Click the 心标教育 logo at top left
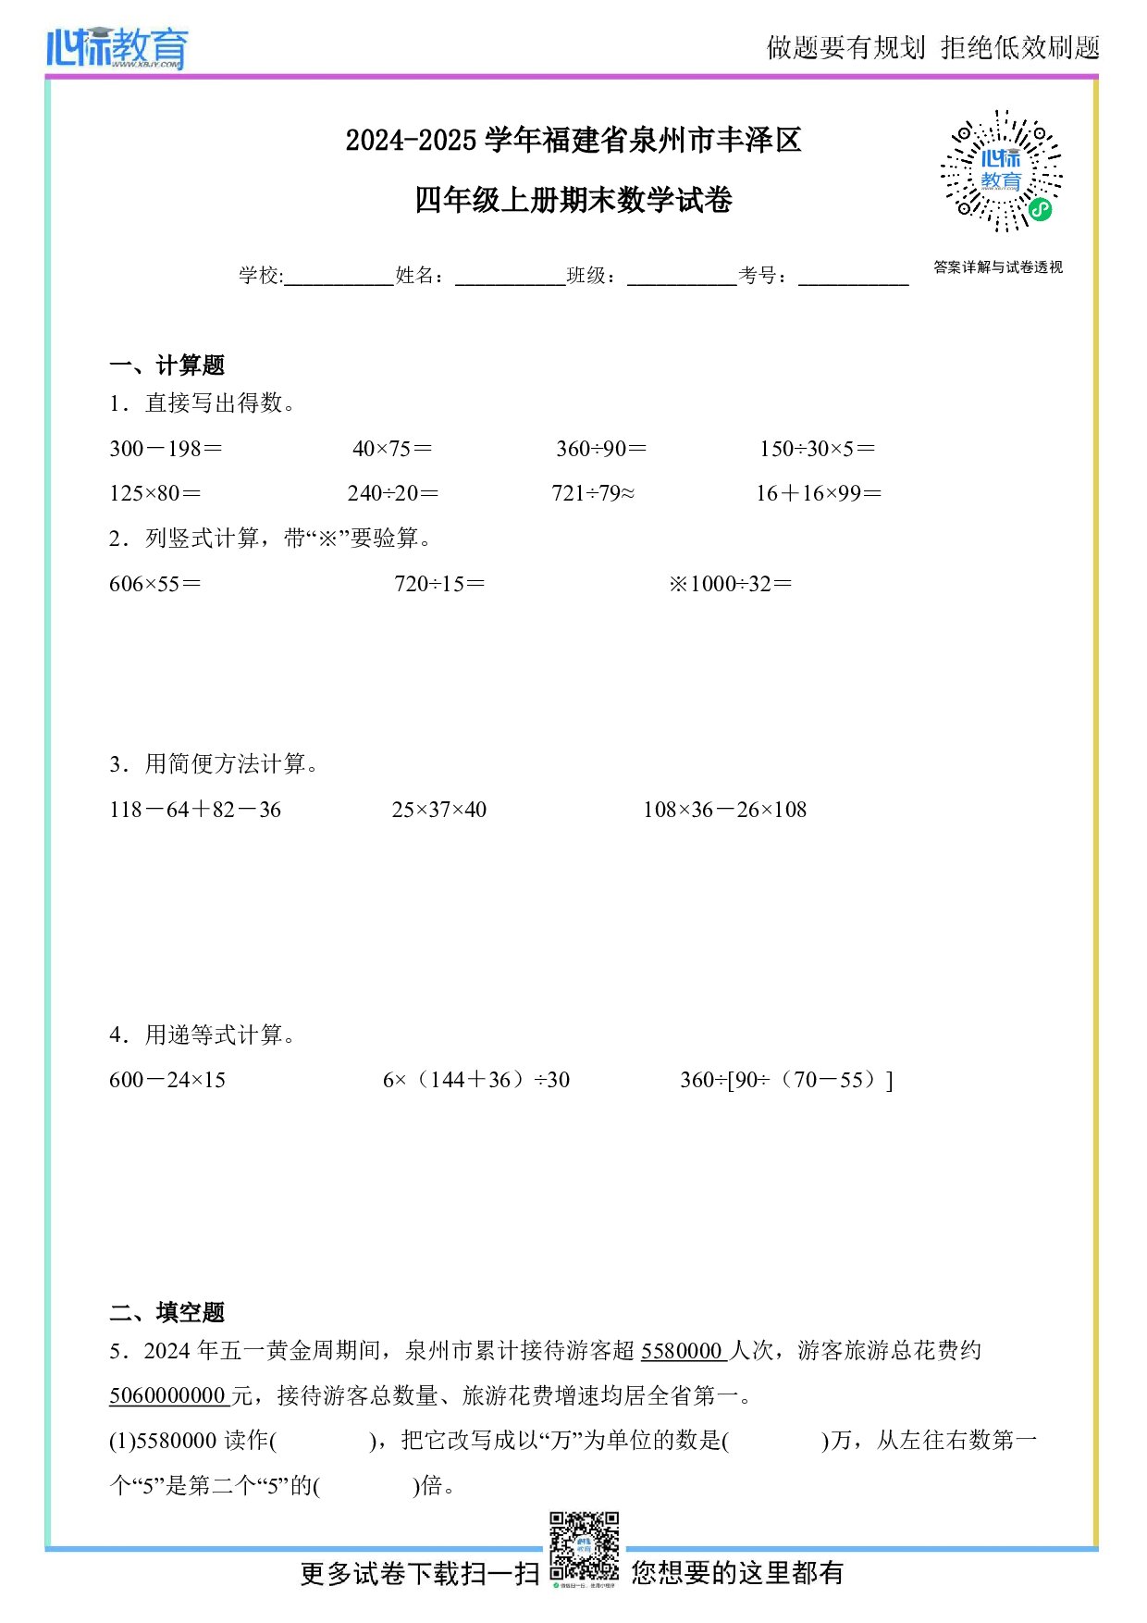[x=117, y=47]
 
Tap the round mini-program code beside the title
[x=1001, y=171]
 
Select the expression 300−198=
[x=166, y=449]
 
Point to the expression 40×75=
[x=392, y=449]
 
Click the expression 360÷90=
[x=601, y=449]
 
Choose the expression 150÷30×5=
[x=817, y=449]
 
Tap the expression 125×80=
[x=154, y=493]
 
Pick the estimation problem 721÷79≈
[x=593, y=493]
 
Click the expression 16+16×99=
[x=819, y=493]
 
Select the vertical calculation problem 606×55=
[x=154, y=584]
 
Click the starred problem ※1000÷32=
[x=731, y=584]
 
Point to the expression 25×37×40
[x=438, y=810]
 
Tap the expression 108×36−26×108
[x=725, y=810]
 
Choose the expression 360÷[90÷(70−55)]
[x=786, y=1080]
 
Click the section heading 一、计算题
[x=166, y=365]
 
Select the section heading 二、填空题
[x=166, y=1312]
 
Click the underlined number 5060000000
[x=167, y=1395]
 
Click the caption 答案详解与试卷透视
[x=998, y=267]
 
